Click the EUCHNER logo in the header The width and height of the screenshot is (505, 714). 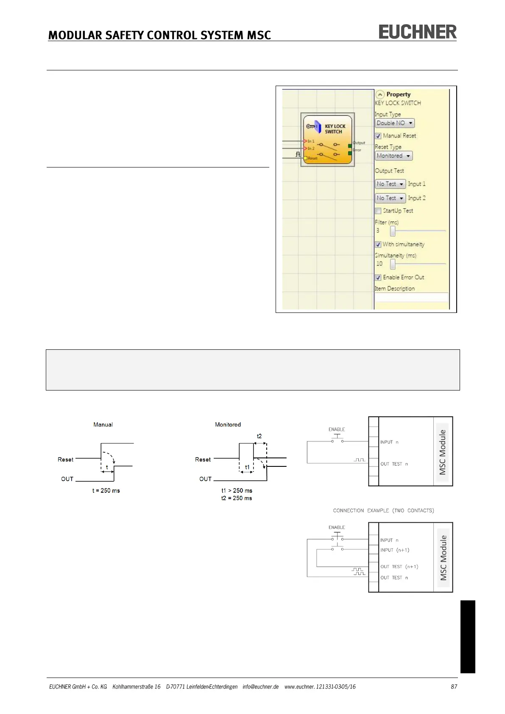click(417, 32)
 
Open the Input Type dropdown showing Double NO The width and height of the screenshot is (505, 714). click(394, 123)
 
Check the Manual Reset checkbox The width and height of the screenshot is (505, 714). click(378, 136)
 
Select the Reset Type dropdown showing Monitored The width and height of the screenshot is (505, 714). click(393, 156)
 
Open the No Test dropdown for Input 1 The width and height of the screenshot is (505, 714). click(390, 184)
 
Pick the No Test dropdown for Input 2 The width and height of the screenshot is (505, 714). click(390, 198)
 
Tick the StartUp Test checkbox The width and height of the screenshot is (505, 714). click(378, 211)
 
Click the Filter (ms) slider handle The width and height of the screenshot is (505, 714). click(393, 231)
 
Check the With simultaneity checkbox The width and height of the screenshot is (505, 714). click(378, 245)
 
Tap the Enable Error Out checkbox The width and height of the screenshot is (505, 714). click(378, 278)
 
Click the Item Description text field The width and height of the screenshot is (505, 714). click(411, 297)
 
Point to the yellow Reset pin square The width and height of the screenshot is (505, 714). click(305, 158)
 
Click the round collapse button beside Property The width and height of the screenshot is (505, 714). click(380, 95)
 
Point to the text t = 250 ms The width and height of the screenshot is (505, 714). click(106, 491)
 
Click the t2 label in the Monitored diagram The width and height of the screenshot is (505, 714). click(259, 436)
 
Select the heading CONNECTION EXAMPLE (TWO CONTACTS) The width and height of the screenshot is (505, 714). click(383, 510)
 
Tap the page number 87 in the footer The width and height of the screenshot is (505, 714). click(454, 686)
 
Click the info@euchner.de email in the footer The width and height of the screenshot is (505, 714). click(260, 686)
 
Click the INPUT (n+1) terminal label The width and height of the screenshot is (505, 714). click(394, 550)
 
